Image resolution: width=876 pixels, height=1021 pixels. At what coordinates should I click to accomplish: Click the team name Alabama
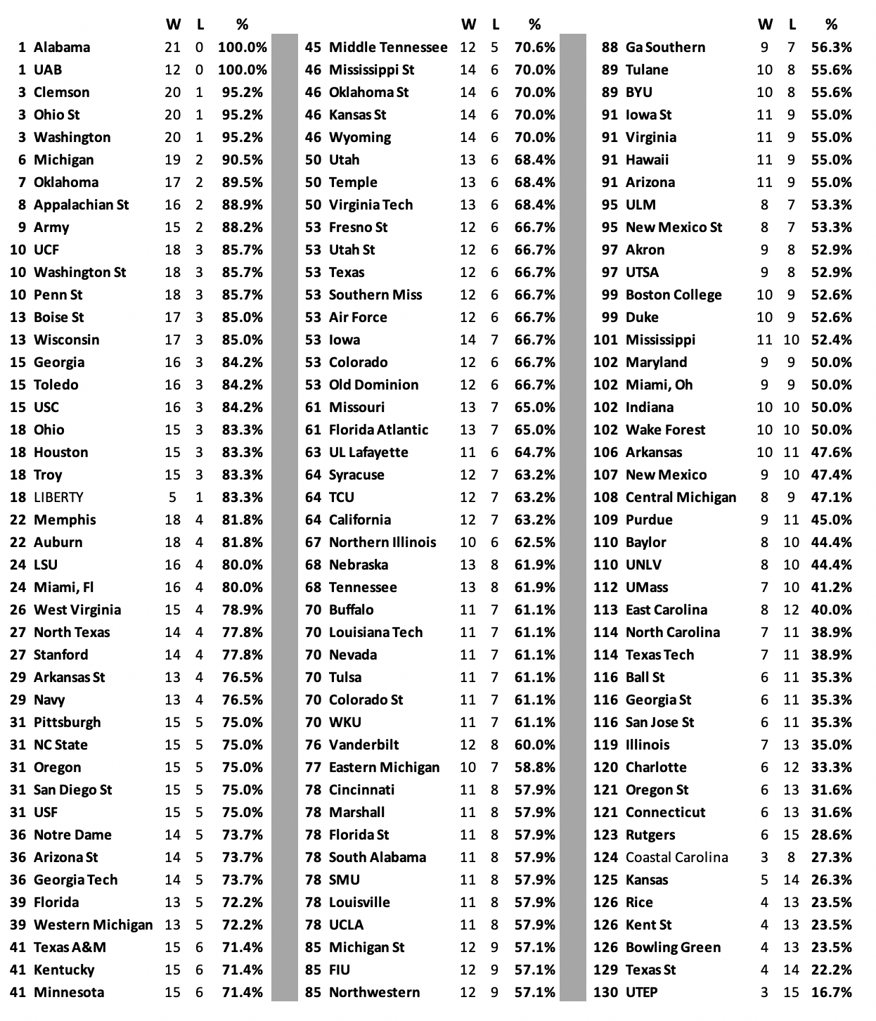[62, 48]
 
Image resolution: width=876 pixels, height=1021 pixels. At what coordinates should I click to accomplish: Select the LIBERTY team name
[58, 498]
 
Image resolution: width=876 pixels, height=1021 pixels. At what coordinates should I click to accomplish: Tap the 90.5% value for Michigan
[242, 160]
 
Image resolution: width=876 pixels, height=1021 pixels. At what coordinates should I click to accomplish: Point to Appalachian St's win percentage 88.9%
[242, 205]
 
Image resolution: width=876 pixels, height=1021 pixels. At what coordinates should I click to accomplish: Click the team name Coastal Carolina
[676, 858]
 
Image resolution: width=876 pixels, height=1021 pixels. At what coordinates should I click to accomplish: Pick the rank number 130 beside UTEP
[605, 993]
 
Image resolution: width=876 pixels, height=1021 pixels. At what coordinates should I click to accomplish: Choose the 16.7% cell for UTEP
[831, 993]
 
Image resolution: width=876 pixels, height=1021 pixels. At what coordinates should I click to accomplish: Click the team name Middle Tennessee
[388, 48]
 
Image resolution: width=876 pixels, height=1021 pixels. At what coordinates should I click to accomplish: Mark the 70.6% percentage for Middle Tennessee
[534, 48]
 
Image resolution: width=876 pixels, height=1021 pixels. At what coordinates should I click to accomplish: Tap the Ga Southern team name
[665, 48]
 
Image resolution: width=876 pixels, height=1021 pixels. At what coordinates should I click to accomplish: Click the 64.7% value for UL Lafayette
[534, 453]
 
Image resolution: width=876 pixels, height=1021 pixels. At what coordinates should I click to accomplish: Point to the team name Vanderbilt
[363, 745]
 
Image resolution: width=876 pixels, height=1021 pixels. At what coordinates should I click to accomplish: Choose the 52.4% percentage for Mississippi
[831, 340]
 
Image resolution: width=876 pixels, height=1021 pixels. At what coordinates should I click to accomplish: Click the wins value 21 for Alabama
[172, 48]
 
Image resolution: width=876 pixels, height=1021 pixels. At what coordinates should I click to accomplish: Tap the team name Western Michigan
[93, 925]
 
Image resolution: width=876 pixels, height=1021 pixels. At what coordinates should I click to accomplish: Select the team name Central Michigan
[681, 498]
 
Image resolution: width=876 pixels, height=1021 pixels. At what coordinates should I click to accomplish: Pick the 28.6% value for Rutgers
[831, 835]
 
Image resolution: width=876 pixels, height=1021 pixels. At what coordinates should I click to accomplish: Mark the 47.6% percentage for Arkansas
[831, 453]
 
